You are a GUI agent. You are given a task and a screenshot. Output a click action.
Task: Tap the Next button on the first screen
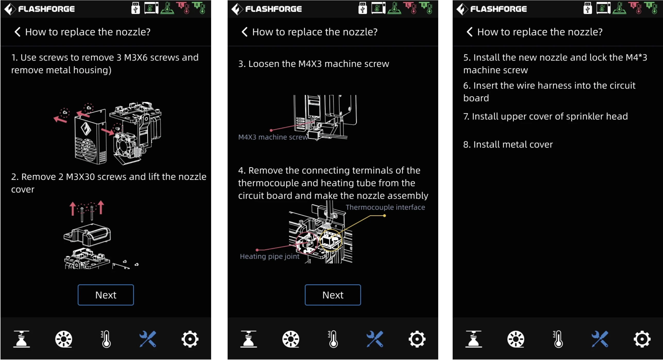point(106,295)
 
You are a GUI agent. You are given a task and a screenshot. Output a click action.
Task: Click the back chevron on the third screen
point(469,32)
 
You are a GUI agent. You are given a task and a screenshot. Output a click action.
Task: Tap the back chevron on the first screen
point(17,32)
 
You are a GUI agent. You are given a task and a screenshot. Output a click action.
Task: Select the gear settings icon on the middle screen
point(417,339)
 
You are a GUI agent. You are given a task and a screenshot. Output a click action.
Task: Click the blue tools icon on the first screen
point(148,339)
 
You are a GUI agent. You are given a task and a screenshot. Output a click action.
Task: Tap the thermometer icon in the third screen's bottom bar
point(558,339)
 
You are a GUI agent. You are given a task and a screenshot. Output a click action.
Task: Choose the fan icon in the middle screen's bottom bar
point(291,339)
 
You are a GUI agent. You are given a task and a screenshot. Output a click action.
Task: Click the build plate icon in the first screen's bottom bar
point(21,339)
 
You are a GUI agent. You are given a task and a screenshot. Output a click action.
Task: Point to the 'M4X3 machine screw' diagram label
point(273,137)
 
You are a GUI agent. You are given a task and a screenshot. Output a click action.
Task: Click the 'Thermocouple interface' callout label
point(385,207)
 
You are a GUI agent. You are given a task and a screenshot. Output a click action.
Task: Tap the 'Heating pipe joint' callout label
point(270,256)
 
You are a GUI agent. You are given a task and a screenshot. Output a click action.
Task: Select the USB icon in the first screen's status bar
point(135,8)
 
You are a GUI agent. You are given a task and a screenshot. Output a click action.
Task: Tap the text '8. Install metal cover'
point(508,144)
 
